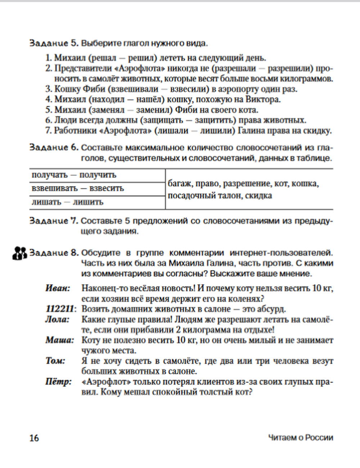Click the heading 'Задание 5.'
(54, 44)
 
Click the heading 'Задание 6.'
(54, 148)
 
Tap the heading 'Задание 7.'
(54, 221)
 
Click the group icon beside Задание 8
(20, 253)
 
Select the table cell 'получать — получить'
(74, 175)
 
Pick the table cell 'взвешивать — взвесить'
(78, 188)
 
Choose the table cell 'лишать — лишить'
(67, 202)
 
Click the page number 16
(34, 438)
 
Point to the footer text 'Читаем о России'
(301, 438)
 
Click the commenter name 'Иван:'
(58, 288)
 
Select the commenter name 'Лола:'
(57, 319)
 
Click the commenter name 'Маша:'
(59, 340)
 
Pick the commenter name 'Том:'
(55, 361)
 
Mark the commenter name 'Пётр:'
(58, 382)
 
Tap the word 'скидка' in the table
(258, 196)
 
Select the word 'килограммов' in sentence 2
(307, 78)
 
